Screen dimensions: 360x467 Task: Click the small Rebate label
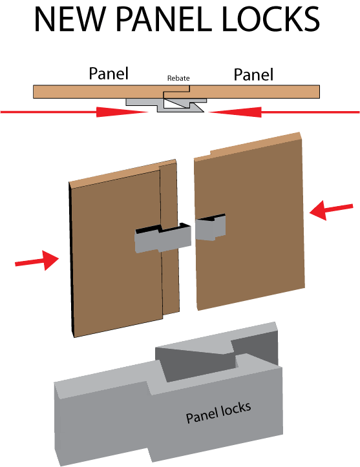point(178,78)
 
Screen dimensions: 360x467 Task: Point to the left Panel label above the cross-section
point(109,74)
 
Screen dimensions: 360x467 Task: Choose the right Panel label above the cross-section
point(253,74)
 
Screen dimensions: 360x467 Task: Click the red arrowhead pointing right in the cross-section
point(122,112)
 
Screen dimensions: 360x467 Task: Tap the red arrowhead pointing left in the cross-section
point(235,112)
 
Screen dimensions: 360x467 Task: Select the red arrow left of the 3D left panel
point(37,260)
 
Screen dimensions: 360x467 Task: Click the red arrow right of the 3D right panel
point(331,211)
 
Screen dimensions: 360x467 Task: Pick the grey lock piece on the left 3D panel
point(163,238)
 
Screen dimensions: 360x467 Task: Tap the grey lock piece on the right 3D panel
point(211,227)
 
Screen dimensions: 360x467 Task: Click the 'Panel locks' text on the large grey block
point(218,412)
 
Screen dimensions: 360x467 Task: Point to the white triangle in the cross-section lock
point(174,103)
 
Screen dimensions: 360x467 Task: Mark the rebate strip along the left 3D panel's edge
point(170,238)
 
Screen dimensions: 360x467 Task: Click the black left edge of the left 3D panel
point(72,259)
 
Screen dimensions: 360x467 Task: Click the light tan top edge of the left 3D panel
point(123,174)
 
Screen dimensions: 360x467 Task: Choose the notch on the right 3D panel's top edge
point(210,153)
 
